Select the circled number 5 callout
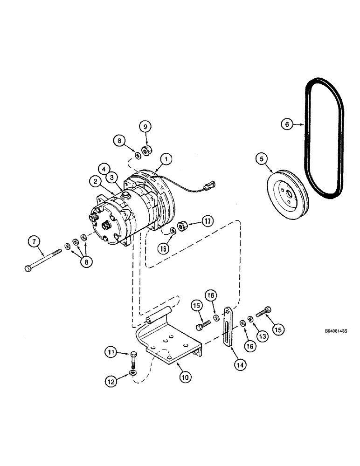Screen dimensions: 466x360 click(x=262, y=159)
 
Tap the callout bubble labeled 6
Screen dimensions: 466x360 click(x=288, y=124)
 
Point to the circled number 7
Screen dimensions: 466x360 click(x=33, y=242)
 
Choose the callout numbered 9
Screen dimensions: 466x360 click(x=145, y=126)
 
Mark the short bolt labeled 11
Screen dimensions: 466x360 click(x=133, y=357)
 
